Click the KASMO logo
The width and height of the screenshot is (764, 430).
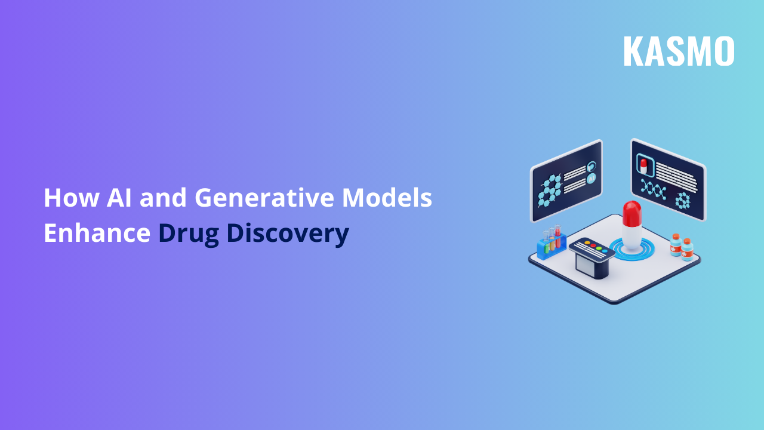tap(679, 51)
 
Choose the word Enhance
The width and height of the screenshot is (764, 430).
tap(97, 233)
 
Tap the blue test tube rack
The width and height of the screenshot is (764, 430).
tap(550, 246)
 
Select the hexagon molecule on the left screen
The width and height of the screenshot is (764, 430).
tap(550, 191)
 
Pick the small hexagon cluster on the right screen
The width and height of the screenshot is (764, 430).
tap(682, 200)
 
